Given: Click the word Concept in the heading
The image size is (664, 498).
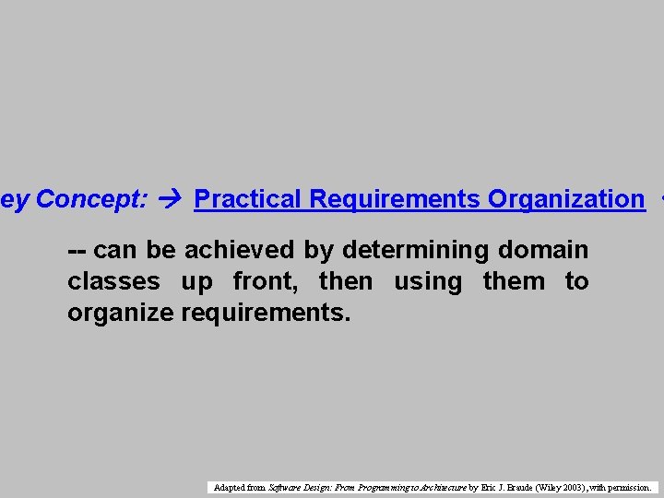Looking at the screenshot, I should (89, 198).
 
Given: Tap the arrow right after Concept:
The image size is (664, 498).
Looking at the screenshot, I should (171, 198).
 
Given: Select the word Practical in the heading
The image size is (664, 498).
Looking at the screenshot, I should (248, 198).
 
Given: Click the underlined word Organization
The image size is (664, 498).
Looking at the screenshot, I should (566, 198).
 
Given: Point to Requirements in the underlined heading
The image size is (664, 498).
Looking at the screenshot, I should (395, 198).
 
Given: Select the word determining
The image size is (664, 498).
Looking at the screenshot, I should (416, 250).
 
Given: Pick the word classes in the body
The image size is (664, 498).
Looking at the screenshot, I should (113, 281).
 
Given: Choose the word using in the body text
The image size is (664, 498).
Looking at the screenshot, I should (427, 281).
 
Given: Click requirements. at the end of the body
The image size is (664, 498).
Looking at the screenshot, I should (266, 313).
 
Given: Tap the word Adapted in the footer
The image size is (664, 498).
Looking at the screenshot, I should (226, 487).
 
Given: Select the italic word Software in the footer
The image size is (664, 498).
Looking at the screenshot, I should (283, 487).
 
